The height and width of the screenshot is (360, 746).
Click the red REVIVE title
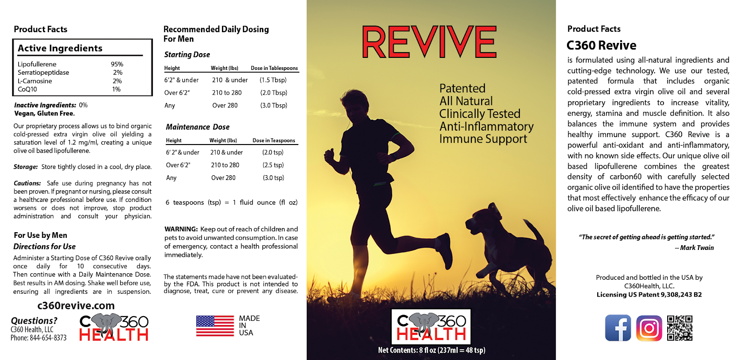pyautogui.click(x=429, y=42)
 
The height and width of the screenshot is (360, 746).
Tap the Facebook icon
pyautogui.click(x=618, y=328)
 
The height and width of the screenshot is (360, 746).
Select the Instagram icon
pyautogui.click(x=649, y=328)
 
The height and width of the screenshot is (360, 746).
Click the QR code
pyautogui.click(x=680, y=328)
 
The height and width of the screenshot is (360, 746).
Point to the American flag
pyautogui.click(x=215, y=325)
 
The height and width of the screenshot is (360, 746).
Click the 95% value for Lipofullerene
pyautogui.click(x=117, y=64)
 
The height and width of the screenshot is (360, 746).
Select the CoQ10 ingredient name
pyautogui.click(x=28, y=89)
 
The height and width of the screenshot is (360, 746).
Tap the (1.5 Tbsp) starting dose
pyautogui.click(x=273, y=80)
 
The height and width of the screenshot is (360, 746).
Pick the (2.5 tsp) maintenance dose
pyautogui.click(x=273, y=165)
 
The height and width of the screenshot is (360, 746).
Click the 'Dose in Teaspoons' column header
pyautogui.click(x=274, y=140)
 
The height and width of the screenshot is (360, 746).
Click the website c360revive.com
pyautogui.click(x=76, y=306)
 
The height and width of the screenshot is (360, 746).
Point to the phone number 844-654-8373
pyautogui.click(x=48, y=338)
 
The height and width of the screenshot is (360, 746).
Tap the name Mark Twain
pyautogui.click(x=697, y=248)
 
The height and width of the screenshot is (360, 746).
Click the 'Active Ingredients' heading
pyautogui.click(x=60, y=48)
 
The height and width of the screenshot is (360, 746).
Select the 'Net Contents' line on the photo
pyautogui.click(x=432, y=350)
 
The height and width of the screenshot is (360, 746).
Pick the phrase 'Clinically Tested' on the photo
pyautogui.click(x=480, y=114)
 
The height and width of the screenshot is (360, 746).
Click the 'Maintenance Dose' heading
pyautogui.click(x=198, y=127)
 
